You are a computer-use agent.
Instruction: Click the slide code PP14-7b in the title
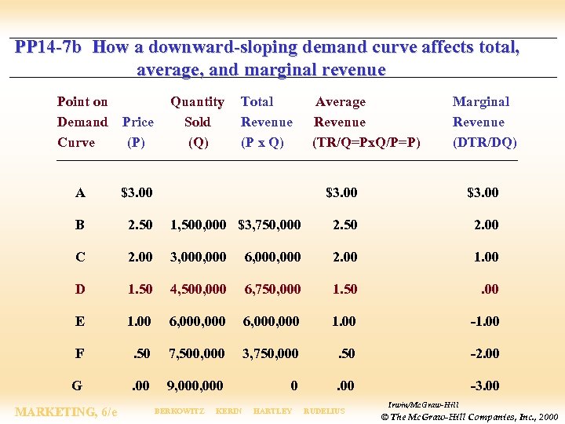48,47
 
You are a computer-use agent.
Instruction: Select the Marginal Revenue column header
483,122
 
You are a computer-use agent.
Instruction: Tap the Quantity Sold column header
198,122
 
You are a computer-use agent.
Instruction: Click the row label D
80,289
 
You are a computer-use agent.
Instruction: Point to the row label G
77,386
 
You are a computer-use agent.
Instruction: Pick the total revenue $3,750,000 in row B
269,225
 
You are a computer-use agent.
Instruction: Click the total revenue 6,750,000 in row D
272,289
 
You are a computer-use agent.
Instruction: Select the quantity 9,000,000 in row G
195,386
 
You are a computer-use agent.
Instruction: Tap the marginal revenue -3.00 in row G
484,386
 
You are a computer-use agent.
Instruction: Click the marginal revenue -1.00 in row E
484,321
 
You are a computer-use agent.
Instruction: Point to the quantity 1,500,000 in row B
198,225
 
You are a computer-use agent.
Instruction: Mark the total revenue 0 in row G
293,386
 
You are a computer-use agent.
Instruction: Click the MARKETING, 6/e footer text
67,411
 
